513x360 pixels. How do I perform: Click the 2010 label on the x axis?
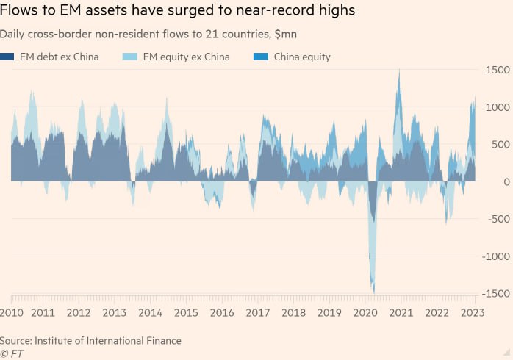pos(12,312)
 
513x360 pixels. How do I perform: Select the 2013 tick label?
pos(115,312)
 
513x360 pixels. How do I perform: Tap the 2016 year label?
pos(222,312)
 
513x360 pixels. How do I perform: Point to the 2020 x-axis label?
pos(364,312)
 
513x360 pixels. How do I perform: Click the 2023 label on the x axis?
pos(471,312)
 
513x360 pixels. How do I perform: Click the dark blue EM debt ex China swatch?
pos(7,57)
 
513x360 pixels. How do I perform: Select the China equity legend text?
pos(302,57)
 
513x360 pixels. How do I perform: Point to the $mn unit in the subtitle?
pos(285,34)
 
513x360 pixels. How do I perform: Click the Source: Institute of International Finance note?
pos(90,341)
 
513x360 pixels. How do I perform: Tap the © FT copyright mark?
pos(12,353)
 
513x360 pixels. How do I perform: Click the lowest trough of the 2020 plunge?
pos(373,292)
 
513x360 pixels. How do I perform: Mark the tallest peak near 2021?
pos(399,70)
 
